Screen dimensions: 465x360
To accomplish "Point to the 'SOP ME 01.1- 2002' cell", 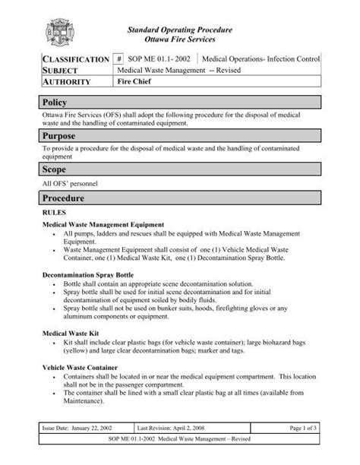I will pyautogui.click(x=160, y=59).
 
